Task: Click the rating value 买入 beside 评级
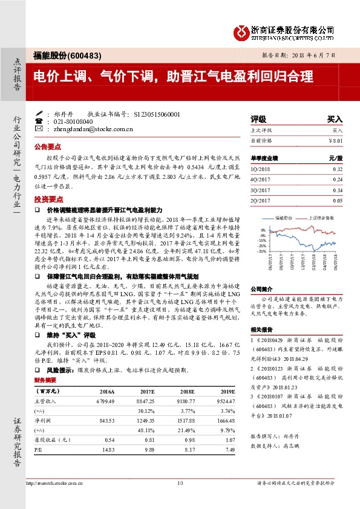coord(335,120)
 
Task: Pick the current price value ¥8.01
coord(335,140)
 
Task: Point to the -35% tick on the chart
coord(261,250)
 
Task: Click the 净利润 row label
coord(42,420)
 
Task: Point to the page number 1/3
coord(180,483)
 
